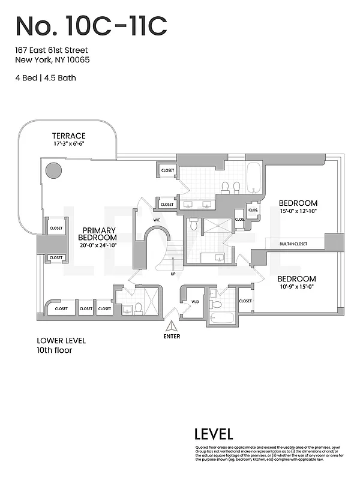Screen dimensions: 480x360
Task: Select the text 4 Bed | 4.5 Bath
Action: pos(46,77)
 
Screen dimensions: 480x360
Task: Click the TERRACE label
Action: pos(68,136)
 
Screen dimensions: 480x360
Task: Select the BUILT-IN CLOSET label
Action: pos(293,244)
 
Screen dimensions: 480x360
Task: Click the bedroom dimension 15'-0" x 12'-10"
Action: pos(298,211)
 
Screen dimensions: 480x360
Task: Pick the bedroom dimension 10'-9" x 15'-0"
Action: pos(296,287)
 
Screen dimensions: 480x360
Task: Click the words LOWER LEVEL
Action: pos(61,341)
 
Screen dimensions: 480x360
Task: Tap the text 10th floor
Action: pos(54,350)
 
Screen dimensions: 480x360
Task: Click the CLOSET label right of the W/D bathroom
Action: pos(245,301)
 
